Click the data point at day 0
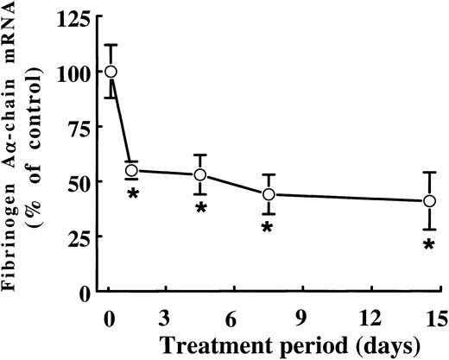[x=111, y=72]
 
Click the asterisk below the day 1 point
[x=133, y=193]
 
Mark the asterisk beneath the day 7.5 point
[x=269, y=228]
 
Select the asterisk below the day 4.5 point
[x=200, y=209]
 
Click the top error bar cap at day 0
[x=111, y=44]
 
